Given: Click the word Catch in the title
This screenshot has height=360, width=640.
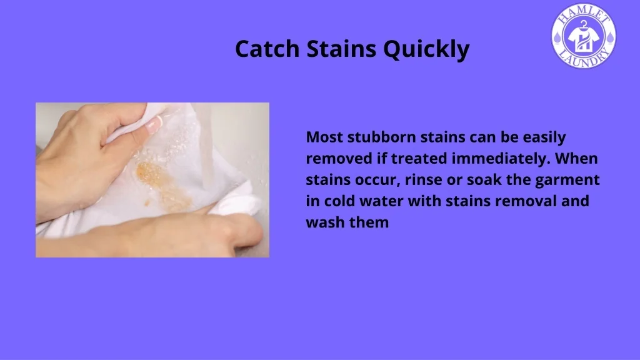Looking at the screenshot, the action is click(x=267, y=49).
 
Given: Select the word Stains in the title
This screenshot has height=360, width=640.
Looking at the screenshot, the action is click(x=341, y=49).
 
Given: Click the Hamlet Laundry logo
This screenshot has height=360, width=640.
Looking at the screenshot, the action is click(x=584, y=36).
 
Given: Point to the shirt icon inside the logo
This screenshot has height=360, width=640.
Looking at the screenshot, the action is click(x=584, y=37).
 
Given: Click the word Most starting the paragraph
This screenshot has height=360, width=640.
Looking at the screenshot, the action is click(x=324, y=137).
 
